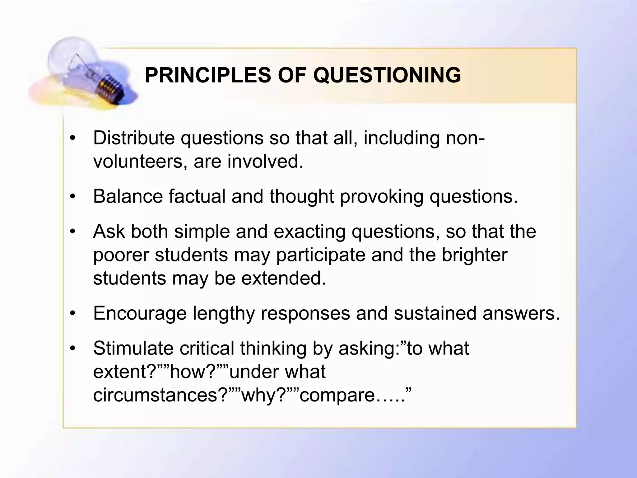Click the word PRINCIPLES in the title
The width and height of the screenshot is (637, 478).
coord(207,75)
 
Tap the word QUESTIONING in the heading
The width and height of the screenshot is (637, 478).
coord(387,75)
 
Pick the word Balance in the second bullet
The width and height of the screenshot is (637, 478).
coord(128,196)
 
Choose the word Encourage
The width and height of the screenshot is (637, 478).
coord(140,313)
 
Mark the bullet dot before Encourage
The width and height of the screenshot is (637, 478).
coord(73,314)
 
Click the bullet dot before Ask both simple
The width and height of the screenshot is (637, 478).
coord(73,232)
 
